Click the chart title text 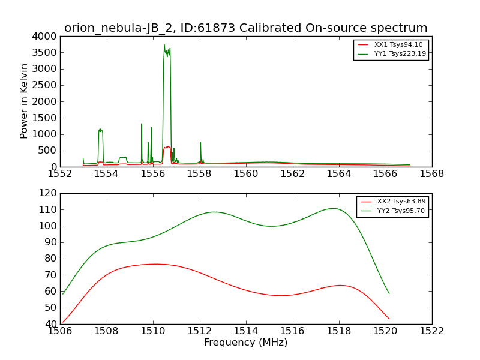click(245, 28)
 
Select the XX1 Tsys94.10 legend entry click(391, 44)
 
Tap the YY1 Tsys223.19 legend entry click(392, 54)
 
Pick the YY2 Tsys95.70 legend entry click(393, 211)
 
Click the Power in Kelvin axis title click(23, 101)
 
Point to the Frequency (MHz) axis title click(246, 342)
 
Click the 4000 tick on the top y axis click(44, 37)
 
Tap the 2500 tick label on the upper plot click(44, 85)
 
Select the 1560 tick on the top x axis click(246, 174)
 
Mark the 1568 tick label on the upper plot click(431, 174)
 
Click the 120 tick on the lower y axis click(47, 193)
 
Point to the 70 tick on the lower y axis click(50, 275)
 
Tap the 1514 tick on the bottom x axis click(246, 331)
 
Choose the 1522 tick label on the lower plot click(431, 331)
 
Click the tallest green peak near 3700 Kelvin click(164, 44)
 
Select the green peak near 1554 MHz click(100, 130)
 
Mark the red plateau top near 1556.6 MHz click(167, 147)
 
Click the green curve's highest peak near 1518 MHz click(334, 208)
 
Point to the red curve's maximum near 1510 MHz click(155, 264)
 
